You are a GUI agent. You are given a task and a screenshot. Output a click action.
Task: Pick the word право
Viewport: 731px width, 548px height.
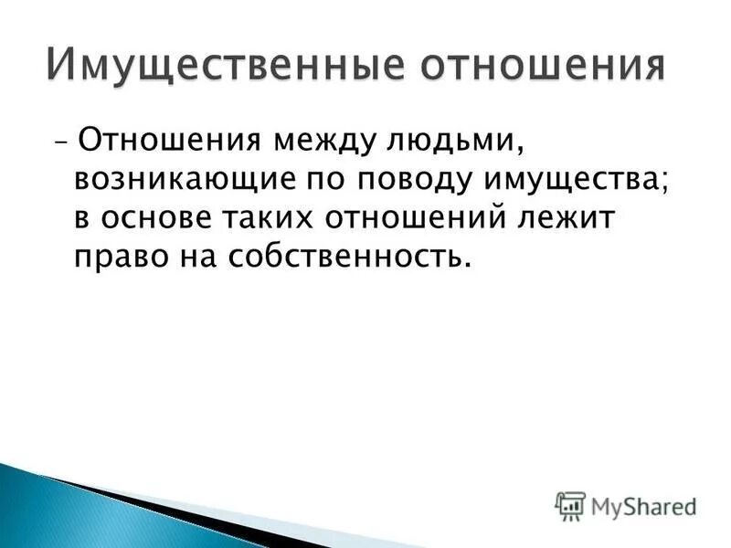tap(117, 257)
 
